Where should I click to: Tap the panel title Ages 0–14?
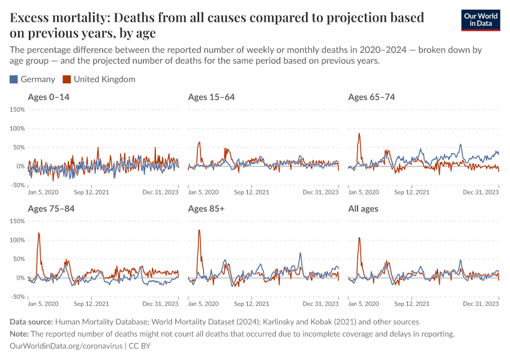(x=49, y=97)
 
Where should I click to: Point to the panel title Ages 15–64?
(x=211, y=97)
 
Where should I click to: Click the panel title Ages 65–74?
(x=371, y=97)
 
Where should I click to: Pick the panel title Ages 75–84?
(x=51, y=209)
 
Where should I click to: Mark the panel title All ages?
(x=363, y=209)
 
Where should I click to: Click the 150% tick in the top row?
(x=16, y=110)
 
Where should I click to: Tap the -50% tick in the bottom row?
(x=16, y=296)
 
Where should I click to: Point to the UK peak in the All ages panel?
(x=359, y=238)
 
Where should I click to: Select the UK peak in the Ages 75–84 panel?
(x=39, y=233)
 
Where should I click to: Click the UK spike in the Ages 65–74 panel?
(x=359, y=133)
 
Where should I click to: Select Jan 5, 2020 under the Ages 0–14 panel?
(x=44, y=192)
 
